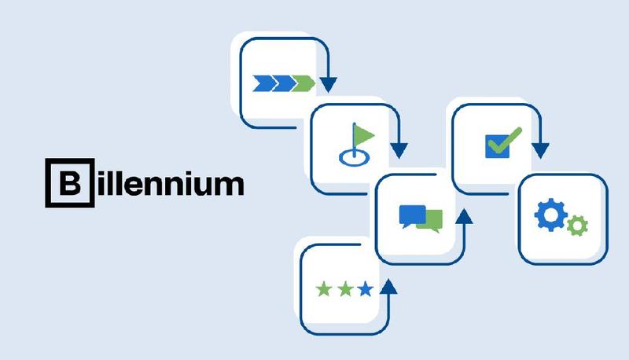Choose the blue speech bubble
coord(411,215)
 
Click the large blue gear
coord(549,215)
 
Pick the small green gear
coord(578,226)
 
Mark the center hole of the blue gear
coord(549,215)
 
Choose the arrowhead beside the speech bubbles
coord(464,214)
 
